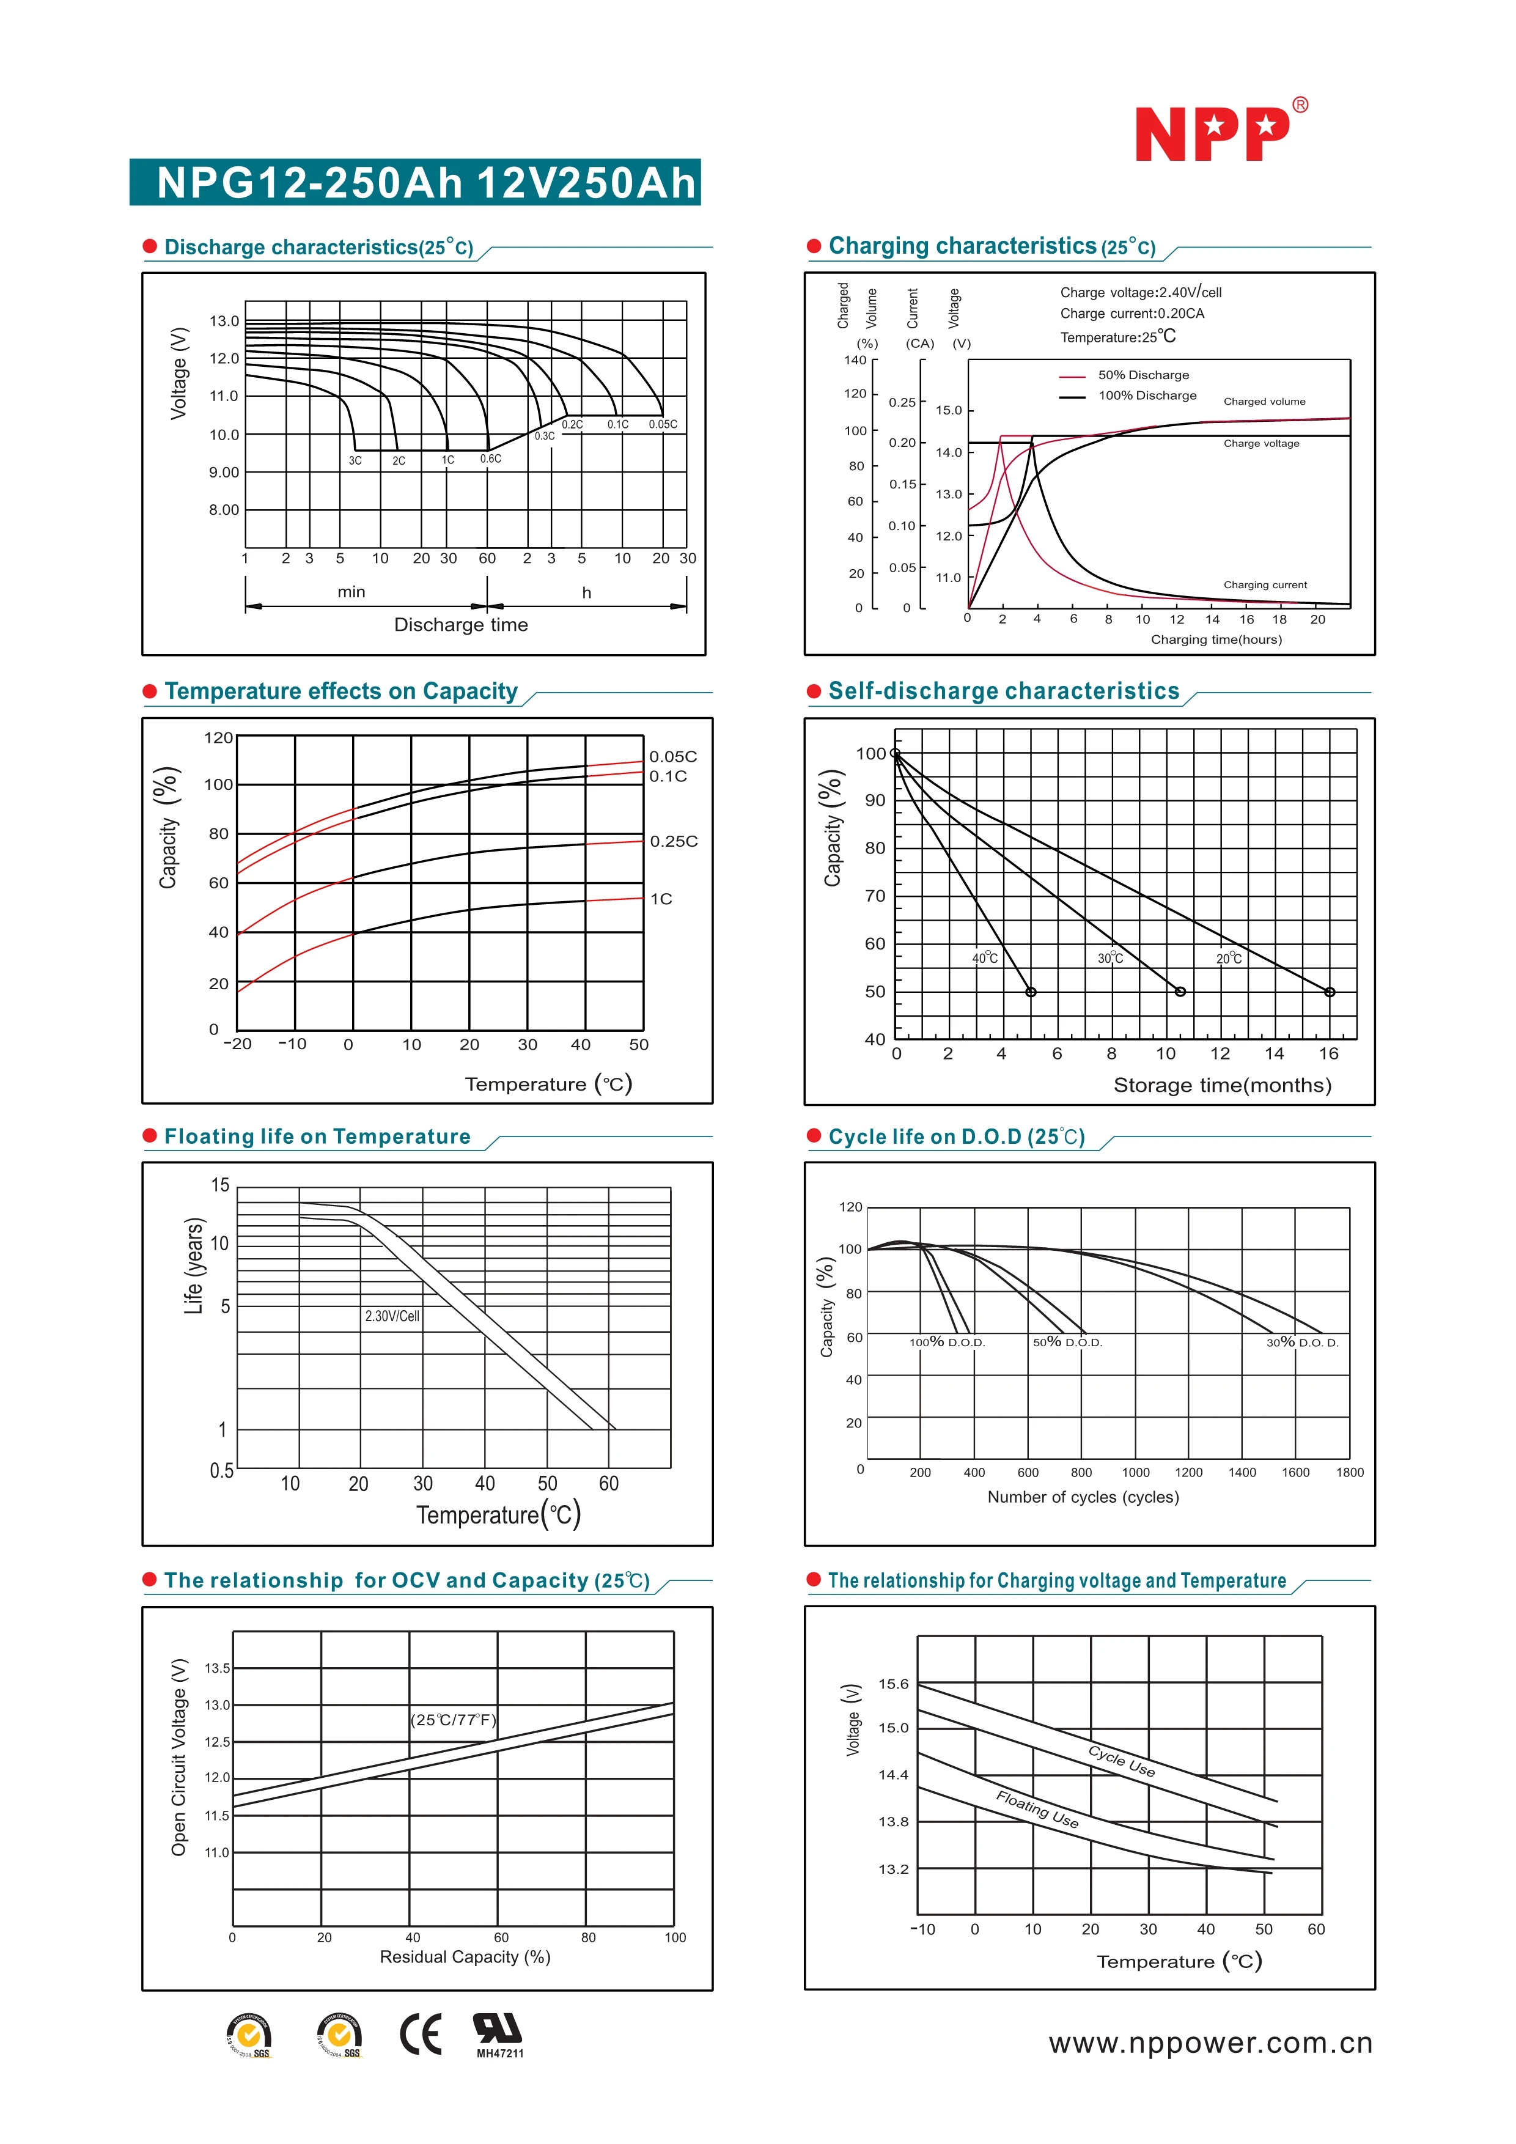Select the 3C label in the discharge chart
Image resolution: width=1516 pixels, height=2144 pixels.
point(355,460)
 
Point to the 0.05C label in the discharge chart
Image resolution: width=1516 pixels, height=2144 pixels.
point(663,424)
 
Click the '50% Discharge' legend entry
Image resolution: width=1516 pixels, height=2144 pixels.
point(1143,375)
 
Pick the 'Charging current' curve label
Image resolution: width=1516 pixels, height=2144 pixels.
point(1265,584)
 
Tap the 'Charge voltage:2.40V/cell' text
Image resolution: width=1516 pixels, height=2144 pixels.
point(1140,292)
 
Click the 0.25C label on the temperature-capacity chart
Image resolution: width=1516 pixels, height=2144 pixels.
point(673,841)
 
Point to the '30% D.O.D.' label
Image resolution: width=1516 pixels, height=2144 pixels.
point(1302,1343)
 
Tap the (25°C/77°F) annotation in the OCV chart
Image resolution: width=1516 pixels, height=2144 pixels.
point(454,1720)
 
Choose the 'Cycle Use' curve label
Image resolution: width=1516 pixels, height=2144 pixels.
point(1122,1761)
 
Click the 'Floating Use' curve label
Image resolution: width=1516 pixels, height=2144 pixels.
point(1037,1809)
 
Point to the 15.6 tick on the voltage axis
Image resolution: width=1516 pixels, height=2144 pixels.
point(892,1684)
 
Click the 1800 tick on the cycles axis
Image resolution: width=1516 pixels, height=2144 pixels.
point(1349,1473)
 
